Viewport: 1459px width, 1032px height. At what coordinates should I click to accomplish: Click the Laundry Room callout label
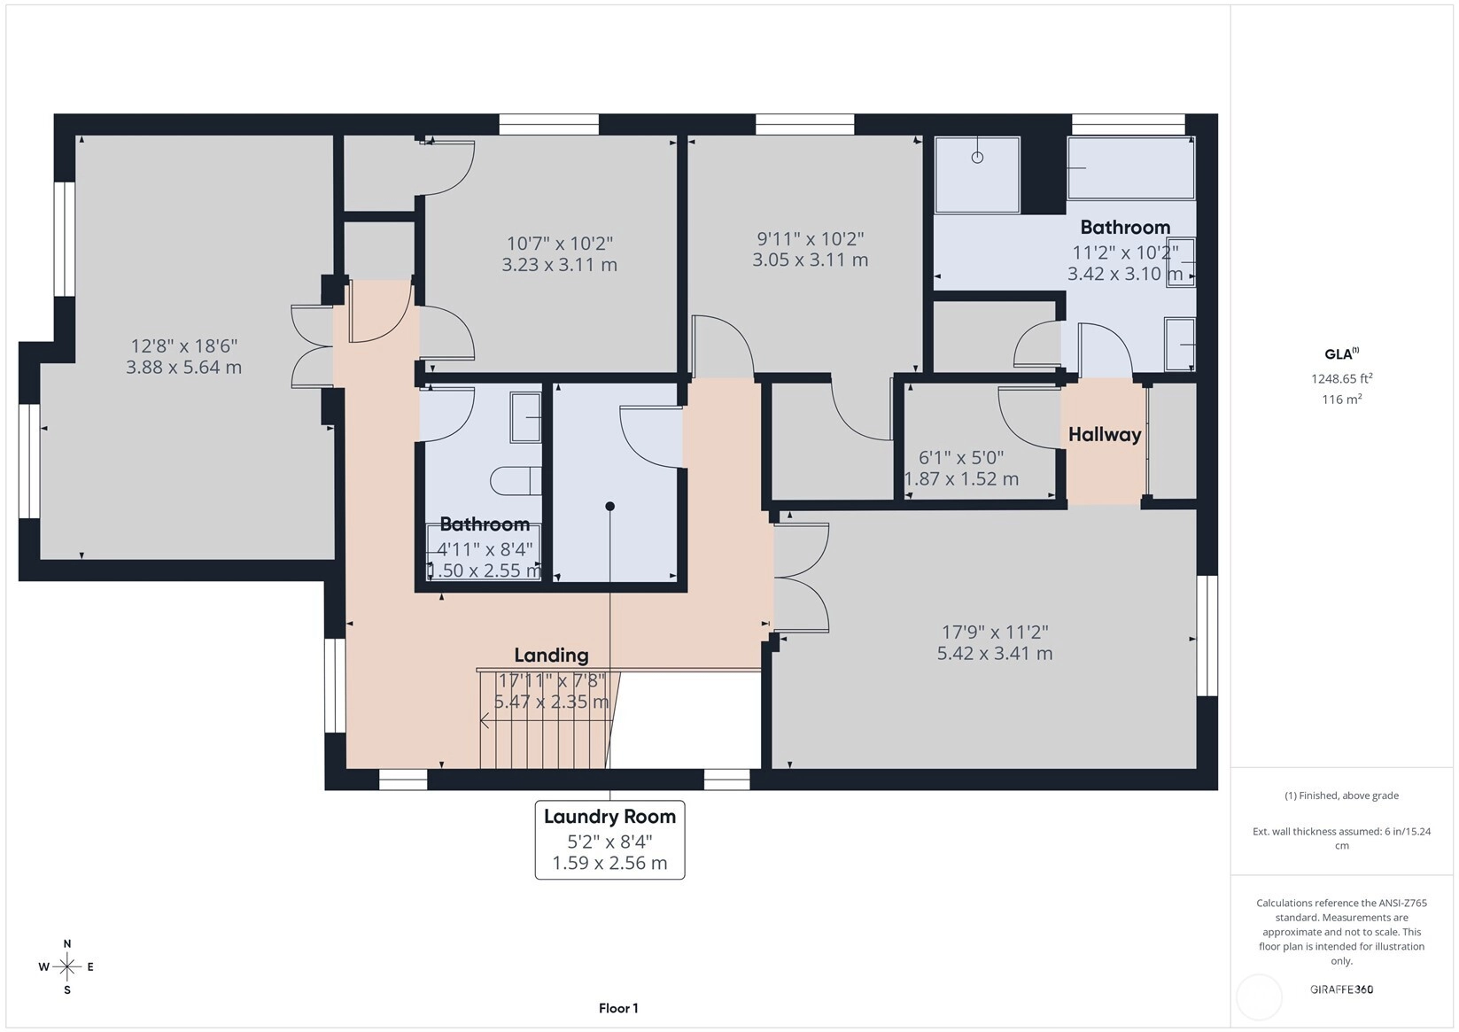pos(609,817)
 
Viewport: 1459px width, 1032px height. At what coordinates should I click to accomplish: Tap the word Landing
pos(551,656)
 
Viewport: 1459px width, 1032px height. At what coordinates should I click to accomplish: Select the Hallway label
pos(1105,435)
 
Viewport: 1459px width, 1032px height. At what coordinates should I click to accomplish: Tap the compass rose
pos(67,966)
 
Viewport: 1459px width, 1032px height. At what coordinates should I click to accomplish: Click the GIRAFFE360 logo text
pos(1342,989)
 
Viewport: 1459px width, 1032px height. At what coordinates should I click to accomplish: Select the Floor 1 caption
pos(619,1008)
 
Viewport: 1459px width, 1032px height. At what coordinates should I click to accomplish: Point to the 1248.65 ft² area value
pos(1342,378)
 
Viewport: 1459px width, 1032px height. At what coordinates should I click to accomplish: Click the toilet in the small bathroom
pos(516,481)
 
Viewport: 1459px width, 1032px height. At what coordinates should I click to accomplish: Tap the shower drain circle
pos(977,157)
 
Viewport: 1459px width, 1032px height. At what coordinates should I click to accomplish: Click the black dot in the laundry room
pos(609,506)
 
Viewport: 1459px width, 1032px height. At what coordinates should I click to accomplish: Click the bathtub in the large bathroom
pos(1131,168)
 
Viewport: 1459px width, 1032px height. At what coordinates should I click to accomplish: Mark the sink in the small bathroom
pos(525,417)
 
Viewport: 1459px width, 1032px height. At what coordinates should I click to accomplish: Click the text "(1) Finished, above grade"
pos(1342,795)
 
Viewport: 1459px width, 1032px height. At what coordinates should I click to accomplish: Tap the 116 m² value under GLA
pos(1342,399)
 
